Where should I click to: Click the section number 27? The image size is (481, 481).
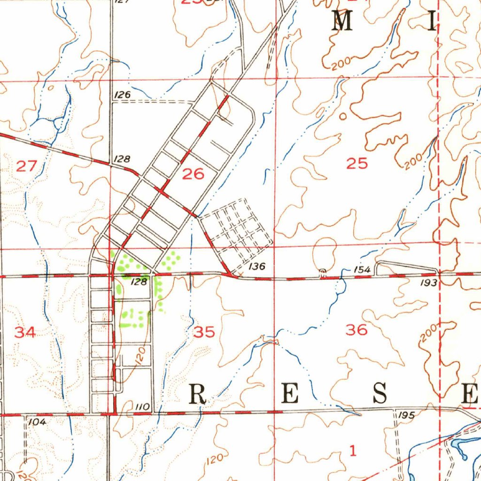click(26, 165)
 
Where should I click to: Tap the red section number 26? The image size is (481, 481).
click(194, 175)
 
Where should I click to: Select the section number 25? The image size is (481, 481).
click(357, 164)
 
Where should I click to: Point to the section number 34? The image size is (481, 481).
click(24, 333)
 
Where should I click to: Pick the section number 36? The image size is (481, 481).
click(357, 330)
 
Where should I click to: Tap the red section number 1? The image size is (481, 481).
click(353, 451)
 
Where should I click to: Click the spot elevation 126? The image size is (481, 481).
click(122, 95)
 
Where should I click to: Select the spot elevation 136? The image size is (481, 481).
click(257, 267)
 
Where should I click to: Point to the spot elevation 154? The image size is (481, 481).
click(363, 270)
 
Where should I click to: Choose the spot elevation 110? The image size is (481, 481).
click(142, 406)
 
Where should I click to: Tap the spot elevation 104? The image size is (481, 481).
click(37, 422)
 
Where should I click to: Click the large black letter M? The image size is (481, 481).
click(342, 21)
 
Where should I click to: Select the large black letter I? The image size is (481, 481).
click(431, 21)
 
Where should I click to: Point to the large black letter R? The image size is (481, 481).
click(198, 394)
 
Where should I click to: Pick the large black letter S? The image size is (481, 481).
click(380, 393)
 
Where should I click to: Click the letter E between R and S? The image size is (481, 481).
click(289, 394)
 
